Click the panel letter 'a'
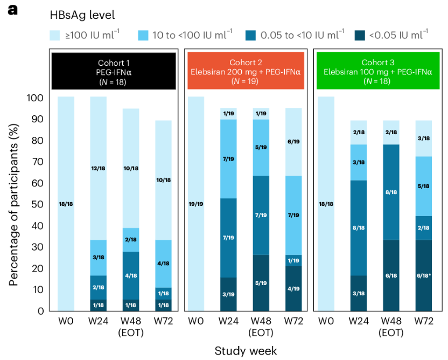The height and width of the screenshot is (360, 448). point(12,10)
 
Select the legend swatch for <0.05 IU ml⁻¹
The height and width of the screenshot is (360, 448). point(360,36)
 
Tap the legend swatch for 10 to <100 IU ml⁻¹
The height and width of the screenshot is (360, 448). point(143,36)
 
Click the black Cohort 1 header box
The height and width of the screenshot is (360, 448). point(114,71)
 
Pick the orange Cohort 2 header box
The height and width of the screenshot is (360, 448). point(246,71)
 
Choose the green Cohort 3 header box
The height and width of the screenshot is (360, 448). point(378,71)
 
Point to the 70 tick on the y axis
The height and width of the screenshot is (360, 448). point(38,162)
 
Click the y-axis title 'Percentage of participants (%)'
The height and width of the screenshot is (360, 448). point(13,205)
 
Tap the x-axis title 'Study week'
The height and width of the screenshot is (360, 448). point(246,351)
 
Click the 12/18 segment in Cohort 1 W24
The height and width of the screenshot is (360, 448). point(99,168)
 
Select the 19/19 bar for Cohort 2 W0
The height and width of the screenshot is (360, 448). point(196,204)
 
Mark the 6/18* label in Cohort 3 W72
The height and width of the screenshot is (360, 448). point(424,275)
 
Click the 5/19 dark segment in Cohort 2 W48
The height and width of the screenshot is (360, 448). point(261,283)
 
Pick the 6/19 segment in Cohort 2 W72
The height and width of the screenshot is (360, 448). point(293,142)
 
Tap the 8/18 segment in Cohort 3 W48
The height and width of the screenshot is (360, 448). point(391,192)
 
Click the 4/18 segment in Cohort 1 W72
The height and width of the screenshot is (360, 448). point(164,264)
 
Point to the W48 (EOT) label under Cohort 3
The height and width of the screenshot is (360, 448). point(391,327)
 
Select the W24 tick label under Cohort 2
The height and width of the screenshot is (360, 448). point(228,321)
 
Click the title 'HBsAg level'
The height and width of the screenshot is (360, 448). point(82,15)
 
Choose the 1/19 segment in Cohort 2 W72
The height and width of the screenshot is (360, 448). point(293,260)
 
